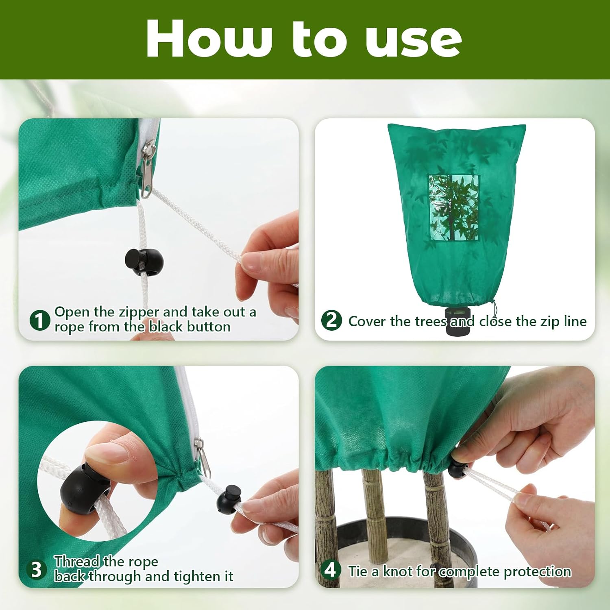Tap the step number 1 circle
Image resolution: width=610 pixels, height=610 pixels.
click(39, 320)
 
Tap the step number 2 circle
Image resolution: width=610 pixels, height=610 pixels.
click(331, 320)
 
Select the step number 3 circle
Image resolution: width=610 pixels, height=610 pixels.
click(36, 569)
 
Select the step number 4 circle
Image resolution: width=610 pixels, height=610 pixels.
click(330, 569)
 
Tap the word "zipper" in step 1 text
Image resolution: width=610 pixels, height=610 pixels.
click(139, 312)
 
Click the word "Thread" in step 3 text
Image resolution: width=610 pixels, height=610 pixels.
click(77, 562)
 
